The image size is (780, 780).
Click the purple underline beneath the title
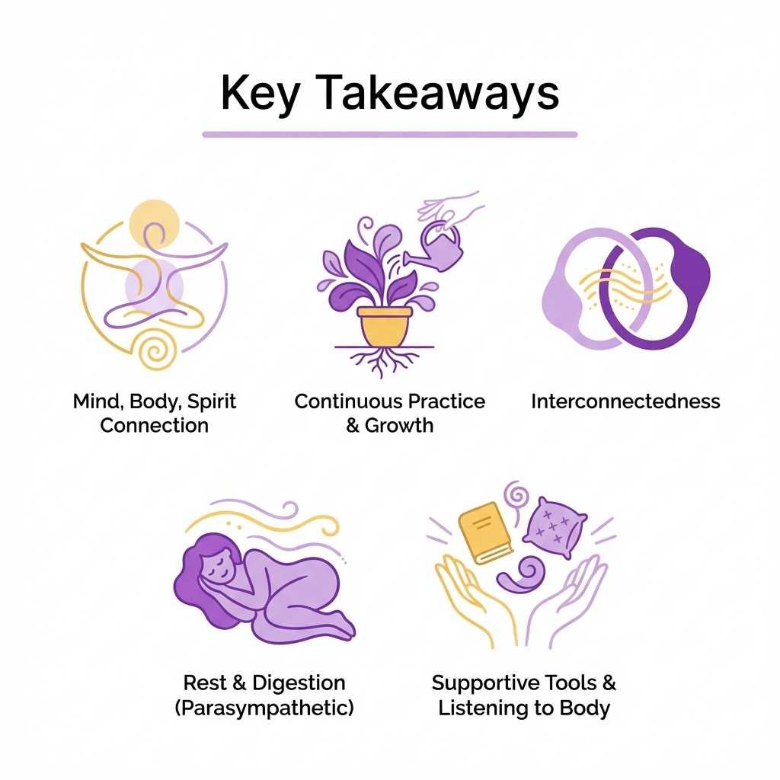point(389,134)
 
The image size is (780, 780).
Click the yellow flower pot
point(385,325)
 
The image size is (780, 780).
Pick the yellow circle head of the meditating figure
point(154,221)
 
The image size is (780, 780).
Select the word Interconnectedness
point(625,401)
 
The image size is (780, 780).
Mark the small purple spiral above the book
point(519,496)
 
